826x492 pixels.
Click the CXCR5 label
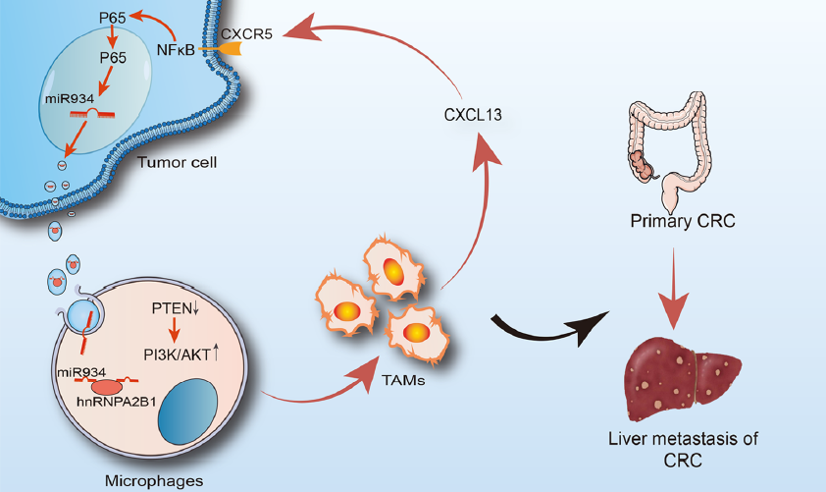point(246,34)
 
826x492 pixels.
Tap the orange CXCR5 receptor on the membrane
point(230,48)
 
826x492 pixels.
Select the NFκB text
point(176,50)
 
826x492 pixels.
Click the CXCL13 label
point(473,115)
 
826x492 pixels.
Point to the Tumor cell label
point(177,162)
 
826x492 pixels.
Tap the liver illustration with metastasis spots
point(682,380)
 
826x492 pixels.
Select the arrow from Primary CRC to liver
point(673,289)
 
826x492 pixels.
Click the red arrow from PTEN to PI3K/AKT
point(175,331)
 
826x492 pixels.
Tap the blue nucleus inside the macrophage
point(188,411)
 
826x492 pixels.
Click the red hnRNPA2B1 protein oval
point(107,388)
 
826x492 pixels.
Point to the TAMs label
point(403,380)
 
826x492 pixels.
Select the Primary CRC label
point(683,220)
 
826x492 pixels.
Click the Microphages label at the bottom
point(154,481)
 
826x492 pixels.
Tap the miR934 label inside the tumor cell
point(70,98)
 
